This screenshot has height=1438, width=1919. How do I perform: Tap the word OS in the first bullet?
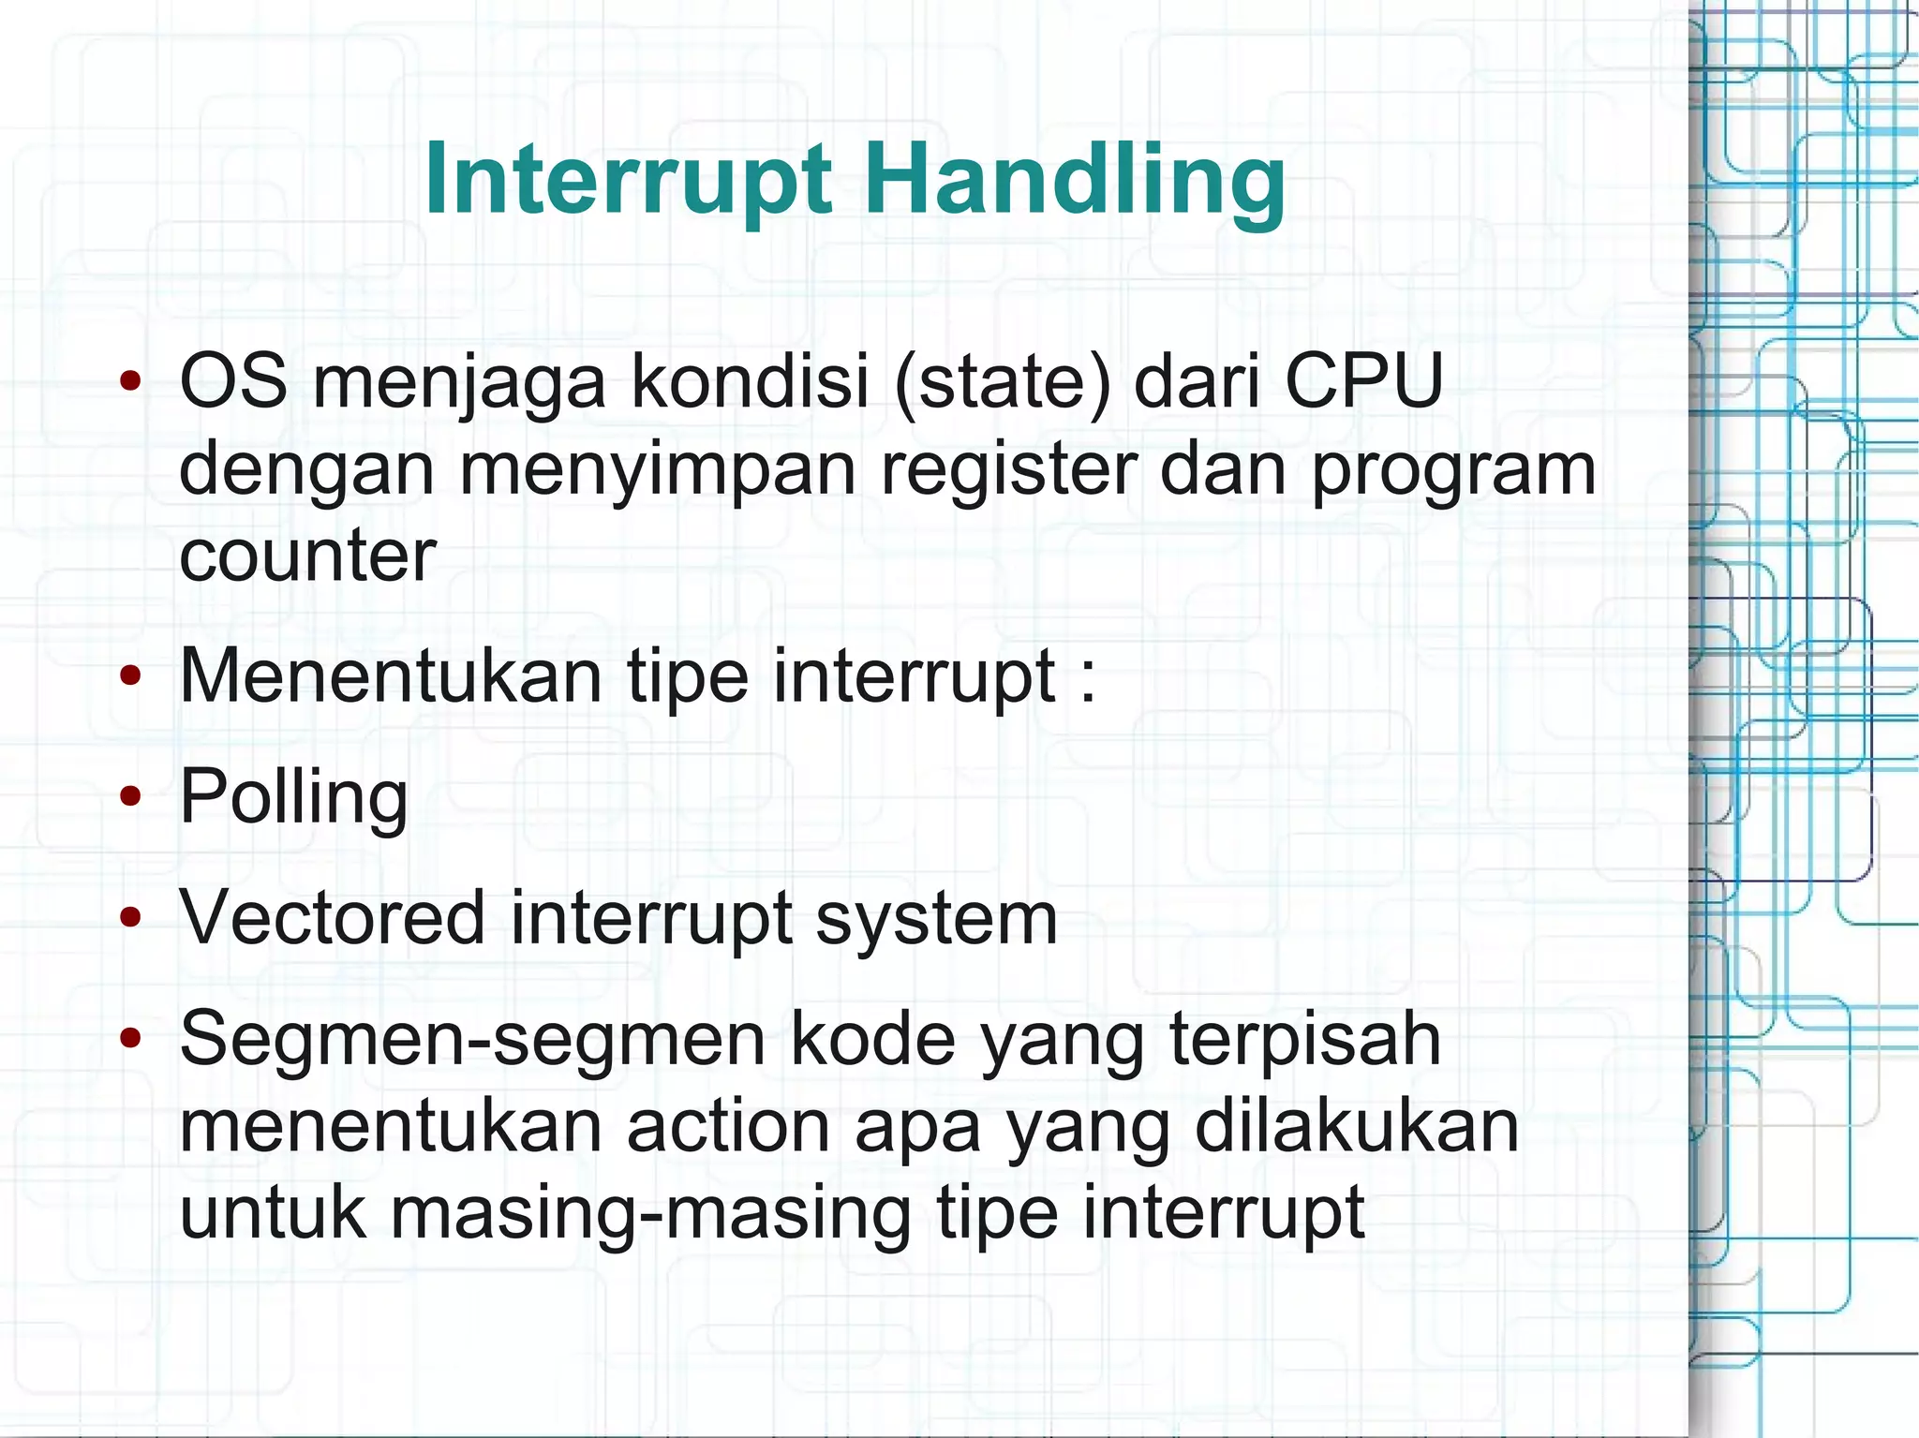click(x=233, y=381)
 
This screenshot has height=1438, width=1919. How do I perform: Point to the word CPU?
click(x=1363, y=381)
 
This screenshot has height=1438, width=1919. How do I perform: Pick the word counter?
click(x=307, y=556)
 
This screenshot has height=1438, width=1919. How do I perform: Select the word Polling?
click(x=293, y=796)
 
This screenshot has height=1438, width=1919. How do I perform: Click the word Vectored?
click(x=333, y=917)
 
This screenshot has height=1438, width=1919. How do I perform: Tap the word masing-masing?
click(x=650, y=1213)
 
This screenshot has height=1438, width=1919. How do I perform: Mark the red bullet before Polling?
click(x=130, y=797)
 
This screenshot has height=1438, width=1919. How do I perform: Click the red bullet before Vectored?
click(x=130, y=918)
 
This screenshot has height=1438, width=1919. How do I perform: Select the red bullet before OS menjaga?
click(x=130, y=381)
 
